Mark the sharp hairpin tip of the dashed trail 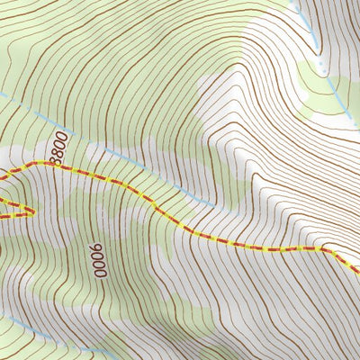pos(34,212)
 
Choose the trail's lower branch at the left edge pos(2,219)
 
